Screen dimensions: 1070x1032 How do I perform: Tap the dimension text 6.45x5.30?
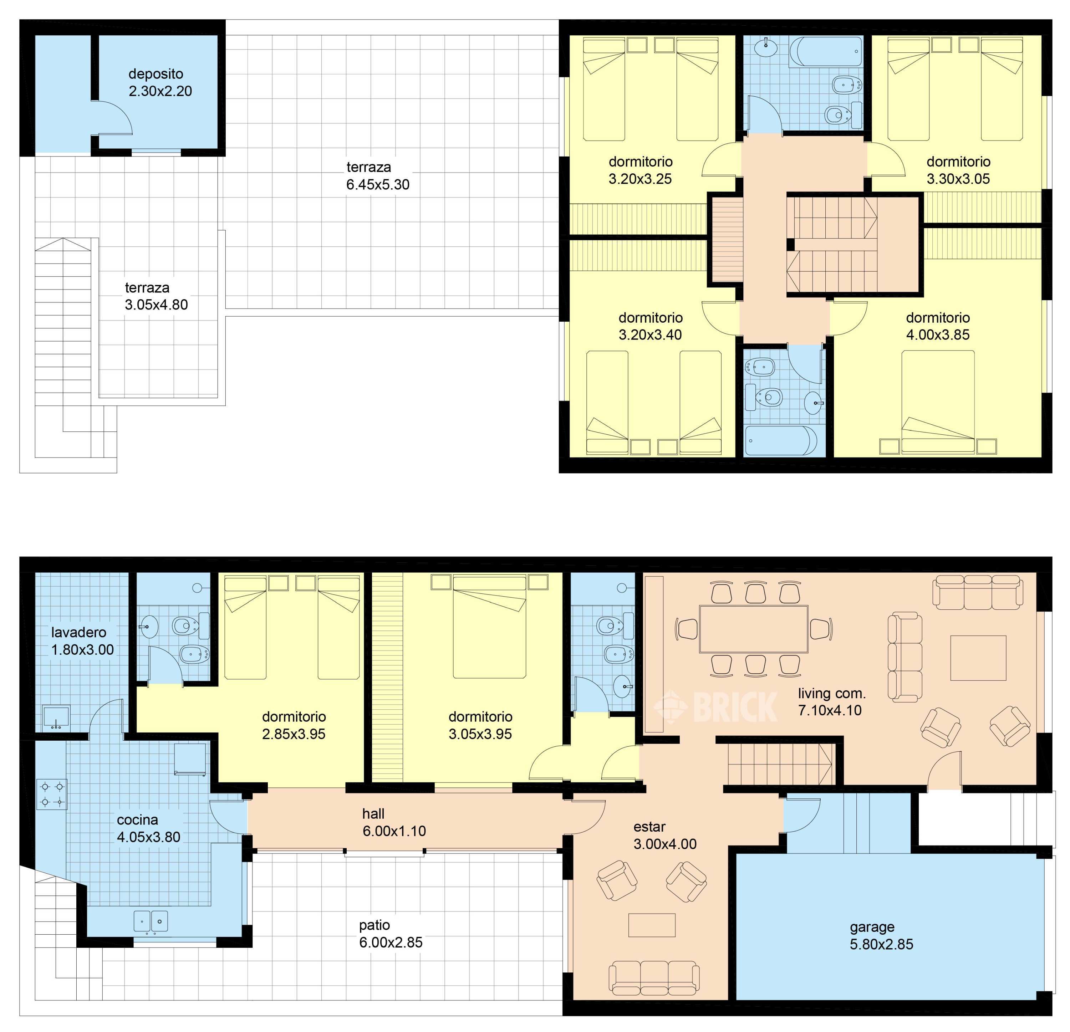tap(378, 184)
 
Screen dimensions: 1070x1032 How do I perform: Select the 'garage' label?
tap(872, 927)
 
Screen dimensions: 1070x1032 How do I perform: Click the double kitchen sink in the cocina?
tap(151, 921)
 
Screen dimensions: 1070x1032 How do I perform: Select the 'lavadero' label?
tap(78, 633)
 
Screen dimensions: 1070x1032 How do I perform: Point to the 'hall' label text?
tap(373, 814)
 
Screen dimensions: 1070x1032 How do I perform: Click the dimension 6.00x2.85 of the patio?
tap(391, 942)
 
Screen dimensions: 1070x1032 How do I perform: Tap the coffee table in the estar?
tap(652, 925)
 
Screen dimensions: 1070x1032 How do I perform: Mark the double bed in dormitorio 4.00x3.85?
tap(938, 402)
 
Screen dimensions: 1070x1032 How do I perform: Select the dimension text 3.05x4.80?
tap(156, 305)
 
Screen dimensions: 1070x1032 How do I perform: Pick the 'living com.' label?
tap(832, 694)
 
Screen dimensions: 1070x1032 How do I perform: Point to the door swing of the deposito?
tap(116, 117)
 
